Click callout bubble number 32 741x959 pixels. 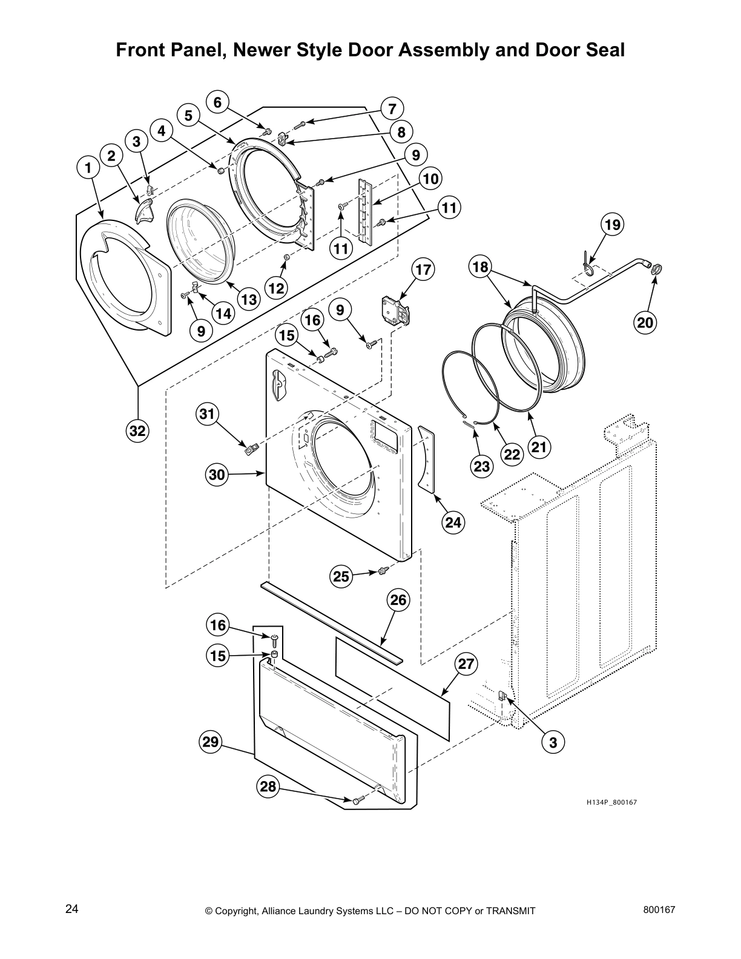(138, 431)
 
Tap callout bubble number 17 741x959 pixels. (423, 269)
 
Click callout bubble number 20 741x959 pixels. (645, 323)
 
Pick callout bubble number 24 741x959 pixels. (453, 521)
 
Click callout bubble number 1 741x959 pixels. (88, 168)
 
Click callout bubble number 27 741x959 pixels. (466, 664)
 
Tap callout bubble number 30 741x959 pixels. (217, 475)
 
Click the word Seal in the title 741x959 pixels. (601, 50)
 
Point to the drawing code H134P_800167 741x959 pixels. (611, 802)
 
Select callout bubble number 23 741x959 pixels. (482, 466)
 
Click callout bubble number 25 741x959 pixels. (341, 576)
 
